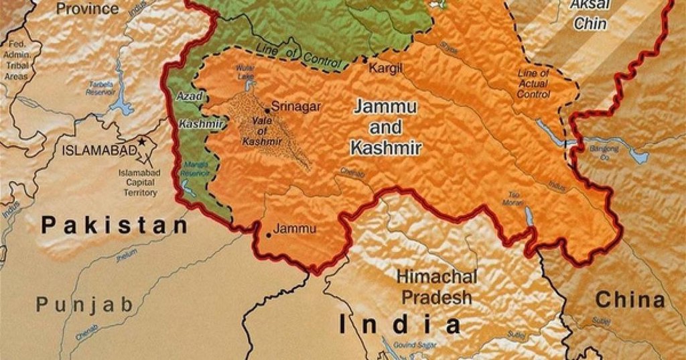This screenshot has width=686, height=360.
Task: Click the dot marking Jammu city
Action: click(x=269, y=235)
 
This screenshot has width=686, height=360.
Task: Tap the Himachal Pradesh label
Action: click(x=437, y=286)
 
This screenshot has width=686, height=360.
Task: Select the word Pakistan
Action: click(x=115, y=225)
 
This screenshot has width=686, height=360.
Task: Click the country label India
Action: click(x=401, y=325)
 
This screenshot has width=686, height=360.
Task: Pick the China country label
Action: click(x=630, y=300)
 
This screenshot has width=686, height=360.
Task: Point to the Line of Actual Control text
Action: click(x=533, y=84)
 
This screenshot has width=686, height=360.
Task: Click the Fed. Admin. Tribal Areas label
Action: click(x=16, y=60)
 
